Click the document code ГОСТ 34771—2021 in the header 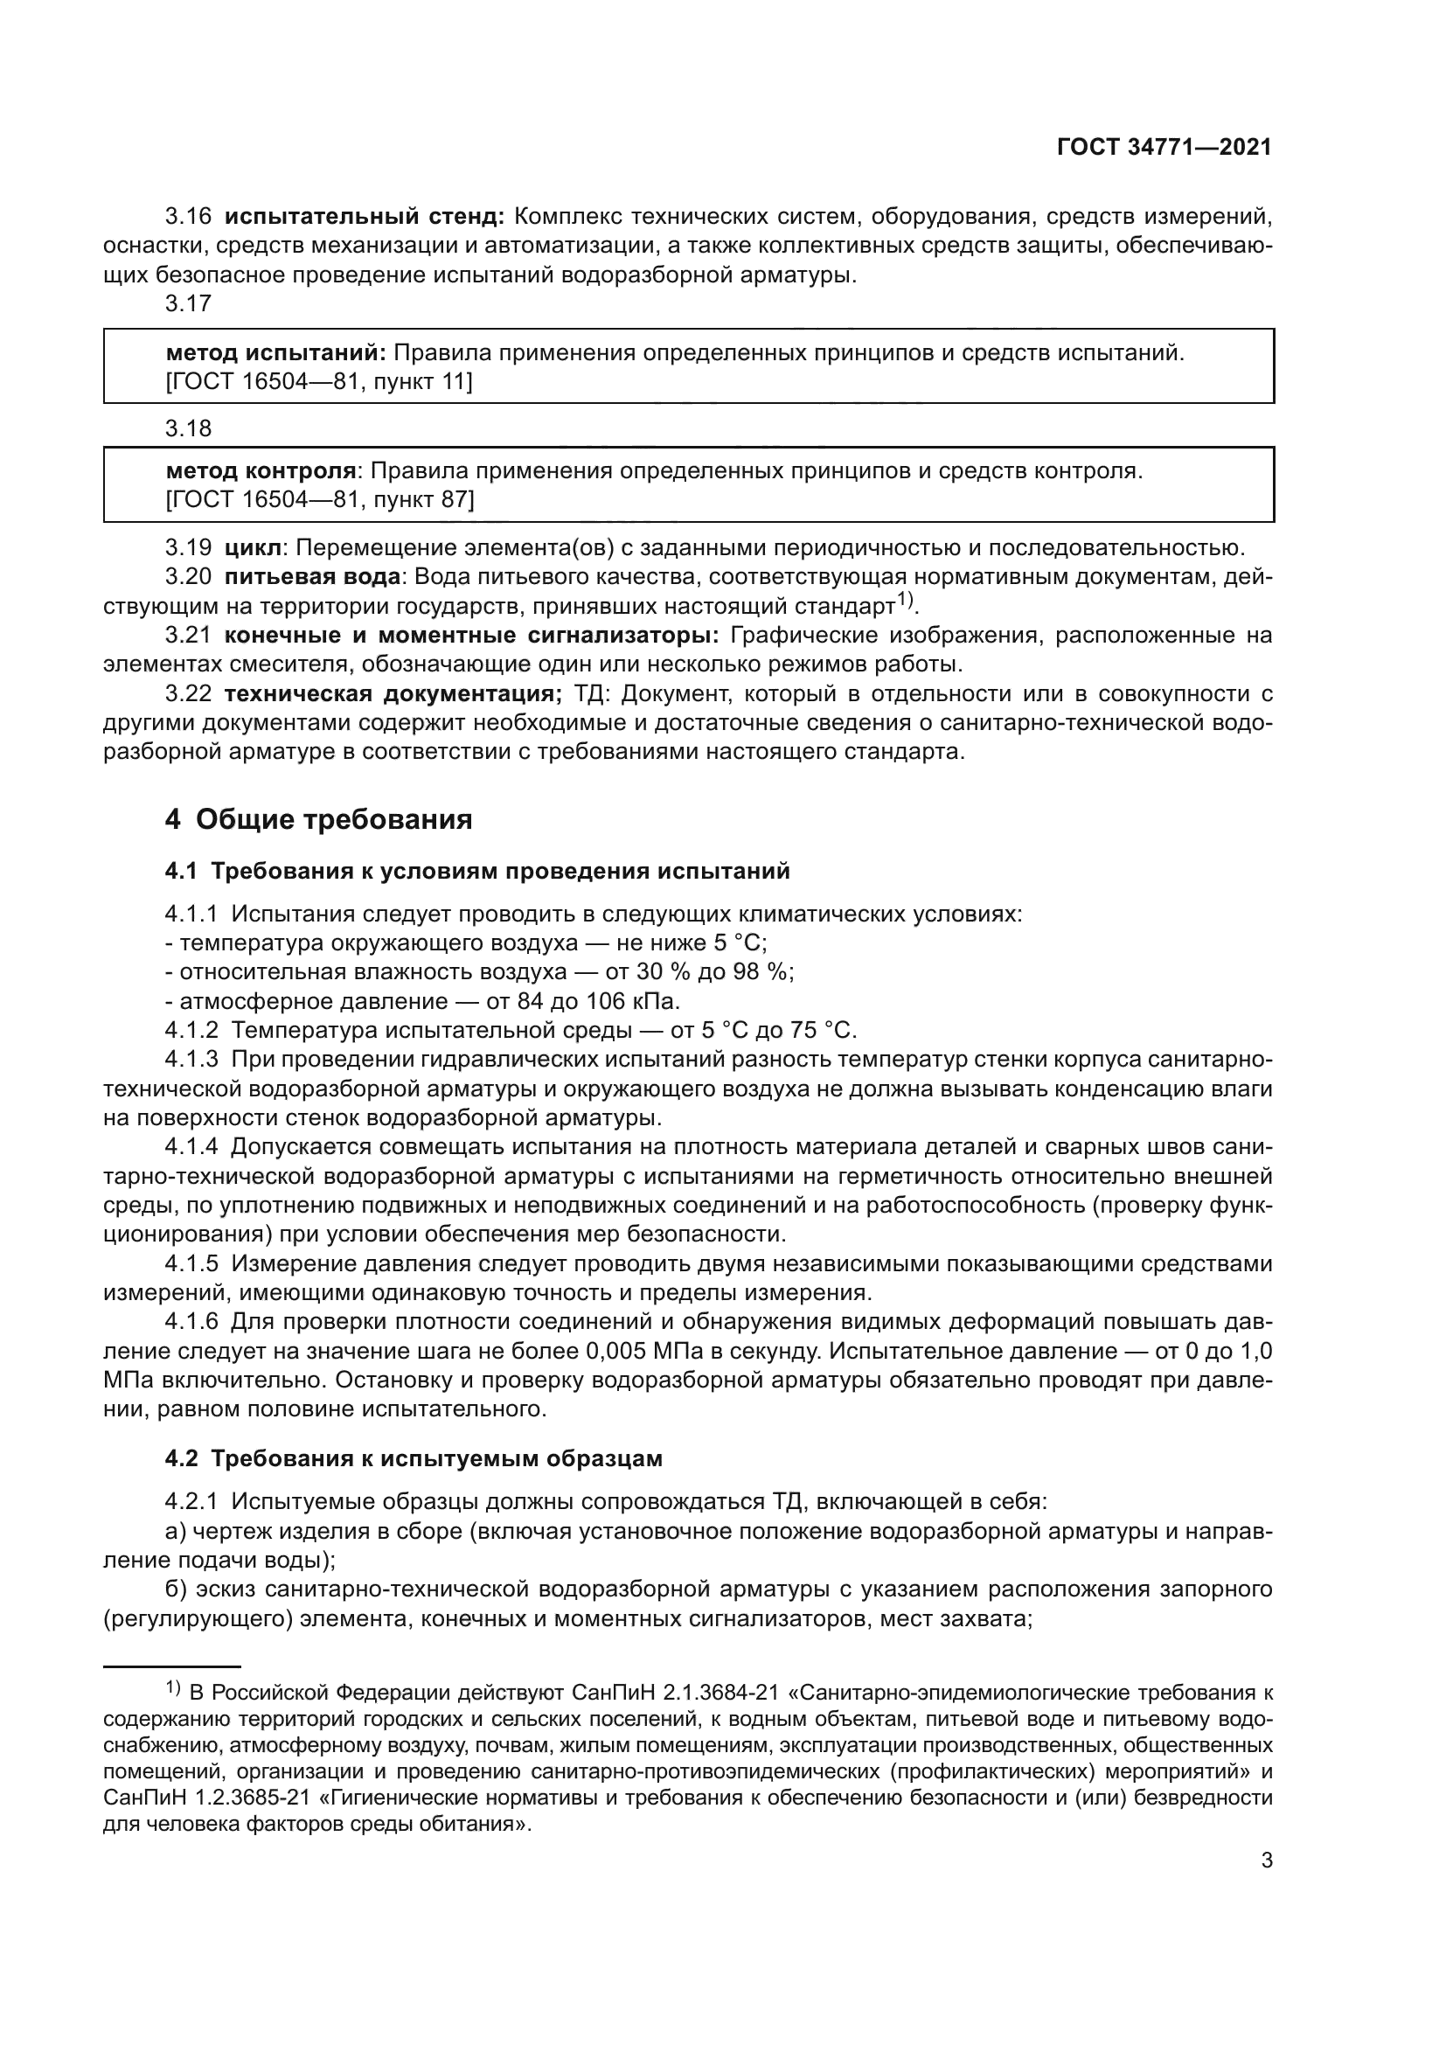coord(1164,148)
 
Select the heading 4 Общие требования coord(318,819)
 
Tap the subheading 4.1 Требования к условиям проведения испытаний coord(477,871)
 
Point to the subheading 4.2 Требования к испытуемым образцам coord(414,1459)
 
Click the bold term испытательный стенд coord(365,217)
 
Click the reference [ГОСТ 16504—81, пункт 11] coord(319,382)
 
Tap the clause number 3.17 coord(188,303)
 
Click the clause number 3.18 coord(188,429)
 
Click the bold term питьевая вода coord(311,576)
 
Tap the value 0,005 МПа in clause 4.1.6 coord(644,1351)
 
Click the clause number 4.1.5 coord(191,1264)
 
